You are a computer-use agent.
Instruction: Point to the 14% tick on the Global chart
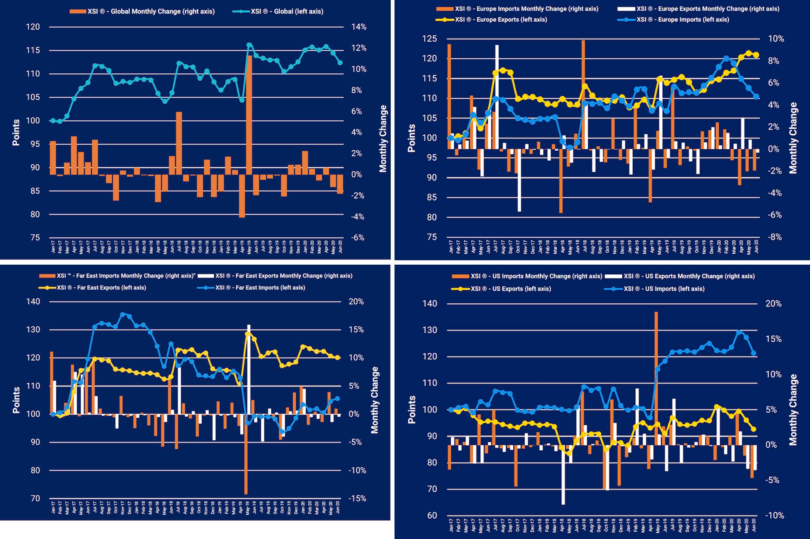point(359,27)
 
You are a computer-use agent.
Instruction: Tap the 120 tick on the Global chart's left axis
point(33,27)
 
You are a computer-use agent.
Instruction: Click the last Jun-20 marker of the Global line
point(340,63)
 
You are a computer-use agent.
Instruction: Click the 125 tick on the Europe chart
point(429,39)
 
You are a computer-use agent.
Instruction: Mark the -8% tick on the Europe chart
point(775,237)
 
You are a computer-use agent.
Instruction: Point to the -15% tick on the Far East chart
point(357,498)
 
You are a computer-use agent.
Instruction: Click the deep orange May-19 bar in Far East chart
point(246,454)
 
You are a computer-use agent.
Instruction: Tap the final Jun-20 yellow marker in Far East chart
point(338,357)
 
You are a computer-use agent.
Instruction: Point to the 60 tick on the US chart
point(432,525)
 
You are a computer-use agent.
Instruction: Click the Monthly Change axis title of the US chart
point(793,410)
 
